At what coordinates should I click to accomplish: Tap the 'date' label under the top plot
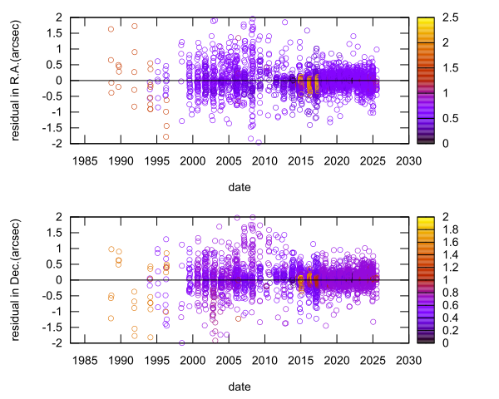tap(240, 188)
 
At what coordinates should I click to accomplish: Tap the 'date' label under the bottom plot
tap(240, 387)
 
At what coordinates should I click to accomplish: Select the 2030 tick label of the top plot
tap(407, 160)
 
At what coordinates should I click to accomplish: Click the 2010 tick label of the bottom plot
tap(264, 359)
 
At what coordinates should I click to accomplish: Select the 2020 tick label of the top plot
tap(335, 160)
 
